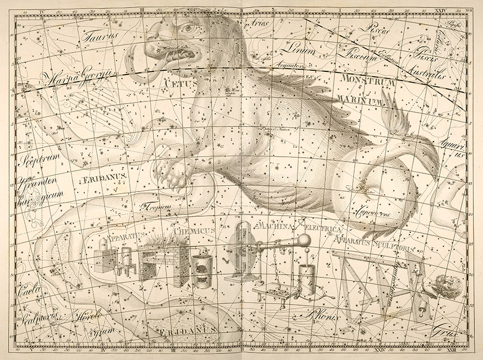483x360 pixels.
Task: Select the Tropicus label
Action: pos(151,204)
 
